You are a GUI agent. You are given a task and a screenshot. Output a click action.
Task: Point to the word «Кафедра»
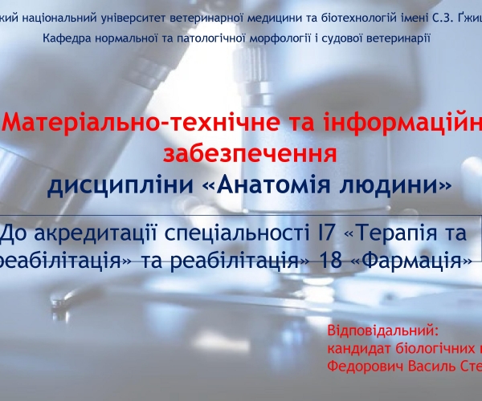coord(66,37)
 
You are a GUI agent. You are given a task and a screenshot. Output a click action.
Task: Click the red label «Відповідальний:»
coord(384,330)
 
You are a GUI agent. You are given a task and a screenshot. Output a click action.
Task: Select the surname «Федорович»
coord(366,365)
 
